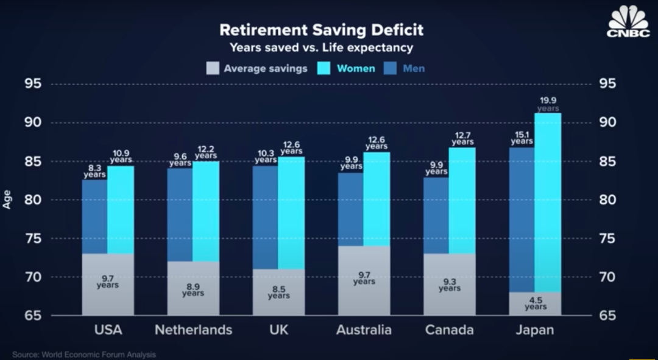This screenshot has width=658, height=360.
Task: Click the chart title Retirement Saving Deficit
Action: tap(321, 30)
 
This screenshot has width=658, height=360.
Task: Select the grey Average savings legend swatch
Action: tap(212, 68)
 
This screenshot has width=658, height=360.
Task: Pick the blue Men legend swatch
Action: tap(391, 68)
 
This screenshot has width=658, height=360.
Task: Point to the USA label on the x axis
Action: tap(108, 330)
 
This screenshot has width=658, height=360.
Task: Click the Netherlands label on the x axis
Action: tap(193, 330)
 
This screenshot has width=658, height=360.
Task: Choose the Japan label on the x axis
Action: tap(534, 330)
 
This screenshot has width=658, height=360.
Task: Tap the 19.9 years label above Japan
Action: tap(548, 104)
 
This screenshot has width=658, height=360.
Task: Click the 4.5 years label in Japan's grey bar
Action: tap(536, 303)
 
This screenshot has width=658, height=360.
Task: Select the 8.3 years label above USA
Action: tap(94, 171)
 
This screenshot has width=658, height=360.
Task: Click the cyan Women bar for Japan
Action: tap(548, 201)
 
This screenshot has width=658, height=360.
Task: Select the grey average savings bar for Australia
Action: tap(364, 280)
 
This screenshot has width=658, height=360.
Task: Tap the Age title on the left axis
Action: tap(7, 200)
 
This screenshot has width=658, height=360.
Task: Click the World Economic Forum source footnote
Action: tap(84, 355)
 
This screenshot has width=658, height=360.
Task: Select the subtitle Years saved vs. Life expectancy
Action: tap(321, 48)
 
